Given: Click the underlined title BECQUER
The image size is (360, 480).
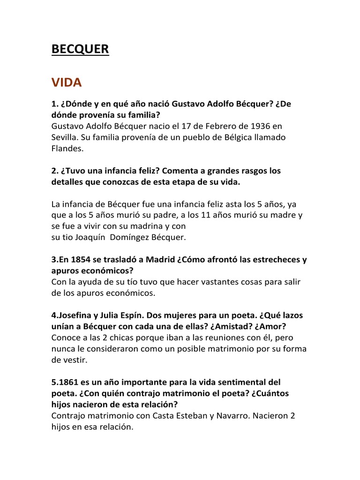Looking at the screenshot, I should tap(80, 49).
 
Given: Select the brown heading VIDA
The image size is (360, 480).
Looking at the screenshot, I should tap(67, 83).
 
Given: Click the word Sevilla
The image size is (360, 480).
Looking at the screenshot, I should tap(64, 138).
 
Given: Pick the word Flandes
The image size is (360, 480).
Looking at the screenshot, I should tap(67, 149).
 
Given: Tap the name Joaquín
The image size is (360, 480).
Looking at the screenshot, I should tap(89, 238).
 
